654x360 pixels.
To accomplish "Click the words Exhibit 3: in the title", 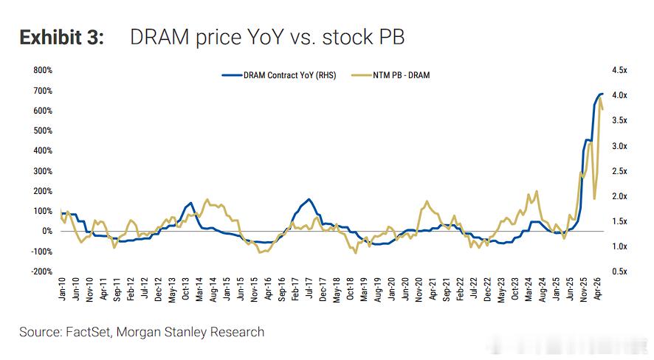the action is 62,37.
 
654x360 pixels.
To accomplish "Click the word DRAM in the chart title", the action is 159,37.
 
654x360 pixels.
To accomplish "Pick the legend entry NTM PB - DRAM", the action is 390,75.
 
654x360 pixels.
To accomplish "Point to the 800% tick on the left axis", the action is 43,70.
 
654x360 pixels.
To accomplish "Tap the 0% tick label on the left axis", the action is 47,231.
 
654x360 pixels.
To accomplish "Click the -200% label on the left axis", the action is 42,271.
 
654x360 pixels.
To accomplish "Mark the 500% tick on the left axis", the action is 43,131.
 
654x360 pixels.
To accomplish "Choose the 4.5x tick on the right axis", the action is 619,70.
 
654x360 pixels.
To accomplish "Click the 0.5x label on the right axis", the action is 619,271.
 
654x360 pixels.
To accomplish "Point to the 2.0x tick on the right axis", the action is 619,196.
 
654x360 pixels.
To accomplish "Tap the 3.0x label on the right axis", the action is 619,146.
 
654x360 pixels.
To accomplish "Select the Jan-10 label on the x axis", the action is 62,288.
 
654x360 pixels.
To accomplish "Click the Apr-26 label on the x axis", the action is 597,288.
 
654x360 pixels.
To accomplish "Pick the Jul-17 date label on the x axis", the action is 309,288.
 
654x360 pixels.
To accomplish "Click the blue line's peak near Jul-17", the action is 309,199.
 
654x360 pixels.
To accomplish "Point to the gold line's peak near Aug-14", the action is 207,200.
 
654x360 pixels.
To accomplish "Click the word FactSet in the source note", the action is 88,332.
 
